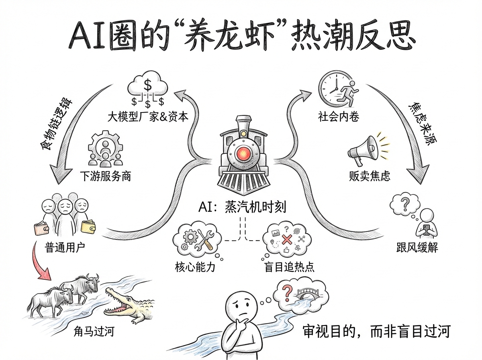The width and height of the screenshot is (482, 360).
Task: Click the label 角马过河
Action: tap(94, 332)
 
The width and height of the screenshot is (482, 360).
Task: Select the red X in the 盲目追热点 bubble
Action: tap(287, 240)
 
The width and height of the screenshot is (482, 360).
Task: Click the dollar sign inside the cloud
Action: tap(148, 85)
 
